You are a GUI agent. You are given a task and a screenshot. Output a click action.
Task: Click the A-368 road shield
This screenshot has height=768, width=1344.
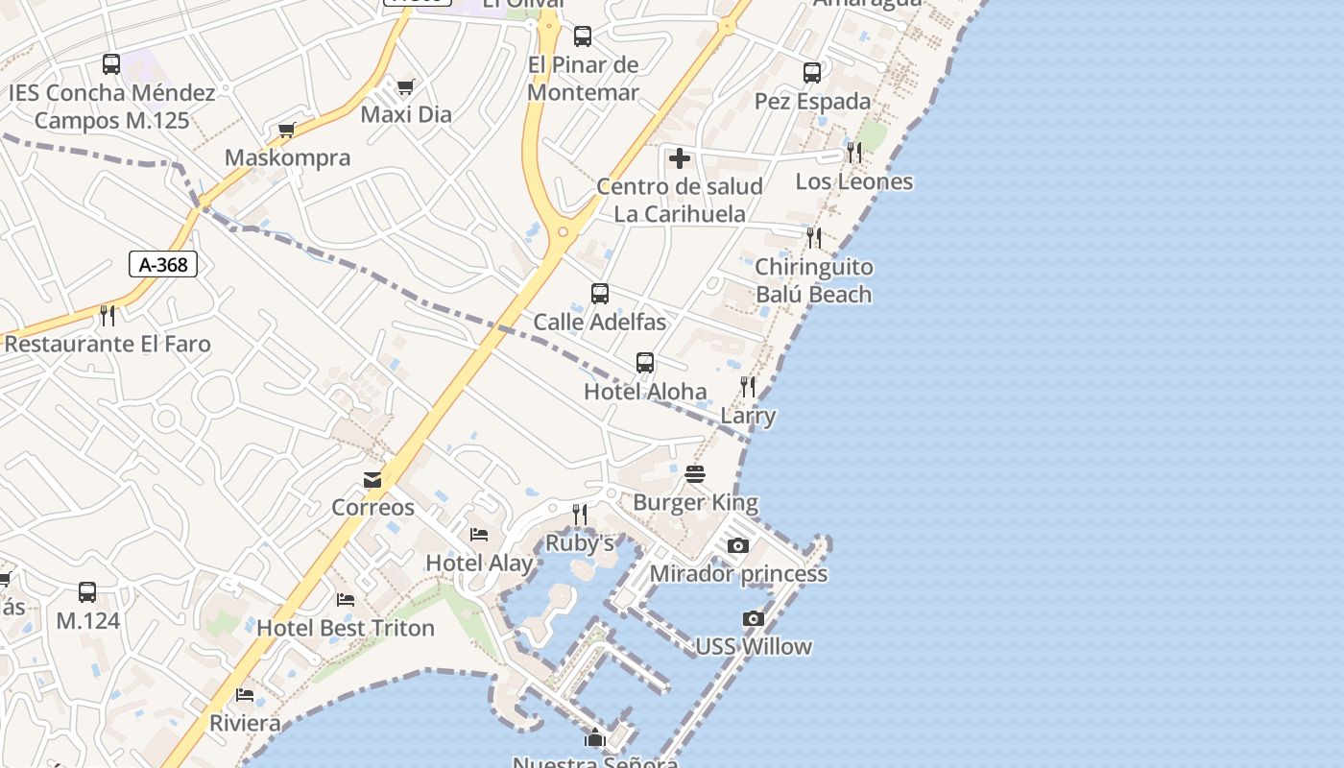point(163,264)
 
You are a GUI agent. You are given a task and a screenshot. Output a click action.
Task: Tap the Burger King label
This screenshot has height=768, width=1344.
point(695,502)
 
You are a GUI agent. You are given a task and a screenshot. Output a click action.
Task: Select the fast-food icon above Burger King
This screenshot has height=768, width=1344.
point(695,474)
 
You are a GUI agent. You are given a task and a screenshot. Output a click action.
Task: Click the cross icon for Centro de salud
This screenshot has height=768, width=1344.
point(680,158)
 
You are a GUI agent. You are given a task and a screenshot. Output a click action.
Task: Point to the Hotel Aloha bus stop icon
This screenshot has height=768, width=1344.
point(645,363)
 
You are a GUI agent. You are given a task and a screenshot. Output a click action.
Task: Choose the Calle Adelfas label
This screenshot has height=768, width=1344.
point(600,322)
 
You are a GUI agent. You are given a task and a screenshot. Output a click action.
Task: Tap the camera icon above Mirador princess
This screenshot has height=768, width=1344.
point(737,546)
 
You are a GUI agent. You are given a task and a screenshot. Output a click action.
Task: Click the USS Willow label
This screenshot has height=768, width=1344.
point(754,646)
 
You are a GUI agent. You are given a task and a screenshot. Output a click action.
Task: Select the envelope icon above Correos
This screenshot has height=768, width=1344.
point(372,480)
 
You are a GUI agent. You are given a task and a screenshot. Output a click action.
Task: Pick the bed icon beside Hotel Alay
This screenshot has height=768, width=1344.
point(479,535)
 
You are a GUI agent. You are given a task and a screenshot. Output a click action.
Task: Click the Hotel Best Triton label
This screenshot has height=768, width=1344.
point(346,628)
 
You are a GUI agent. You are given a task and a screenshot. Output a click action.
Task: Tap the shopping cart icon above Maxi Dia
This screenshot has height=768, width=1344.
point(406,87)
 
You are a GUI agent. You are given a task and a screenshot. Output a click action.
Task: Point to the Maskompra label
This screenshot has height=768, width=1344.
point(287,157)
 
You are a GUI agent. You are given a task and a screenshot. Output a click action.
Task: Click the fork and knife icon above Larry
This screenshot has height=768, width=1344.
point(748,387)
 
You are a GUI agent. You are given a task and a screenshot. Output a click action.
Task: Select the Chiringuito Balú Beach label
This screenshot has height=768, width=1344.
point(814,280)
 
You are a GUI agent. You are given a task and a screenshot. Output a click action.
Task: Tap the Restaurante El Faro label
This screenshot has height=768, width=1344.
point(108,344)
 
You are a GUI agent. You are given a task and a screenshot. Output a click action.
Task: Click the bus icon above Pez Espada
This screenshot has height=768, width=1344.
point(812,73)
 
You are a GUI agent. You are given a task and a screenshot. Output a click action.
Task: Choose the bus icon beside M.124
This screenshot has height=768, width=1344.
point(87,592)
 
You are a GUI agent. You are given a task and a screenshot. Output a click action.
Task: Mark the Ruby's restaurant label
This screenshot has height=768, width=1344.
point(580,543)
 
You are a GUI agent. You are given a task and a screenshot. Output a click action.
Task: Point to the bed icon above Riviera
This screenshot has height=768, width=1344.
point(245,695)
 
